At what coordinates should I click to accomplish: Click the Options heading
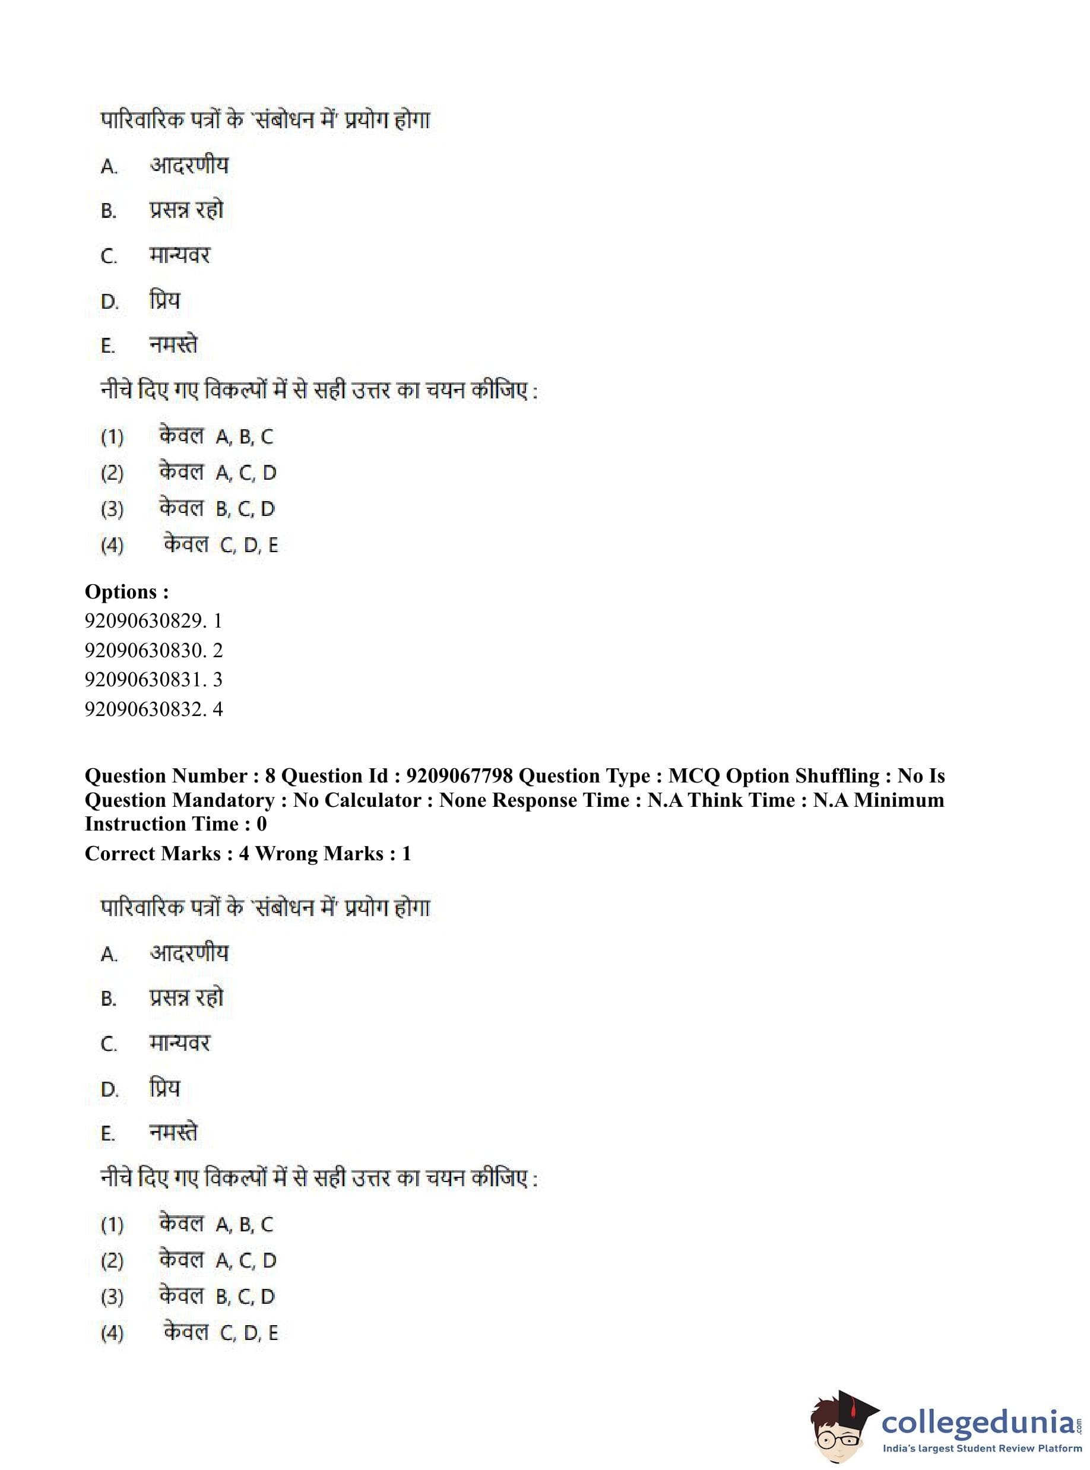[x=126, y=592]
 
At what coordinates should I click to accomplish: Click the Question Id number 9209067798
[x=460, y=776]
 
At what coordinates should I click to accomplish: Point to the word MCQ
[x=693, y=776]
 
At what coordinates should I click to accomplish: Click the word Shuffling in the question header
[x=836, y=776]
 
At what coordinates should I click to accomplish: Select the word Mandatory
[x=224, y=800]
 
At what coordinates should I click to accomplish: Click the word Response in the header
[x=534, y=800]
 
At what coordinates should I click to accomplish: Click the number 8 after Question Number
[x=270, y=776]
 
